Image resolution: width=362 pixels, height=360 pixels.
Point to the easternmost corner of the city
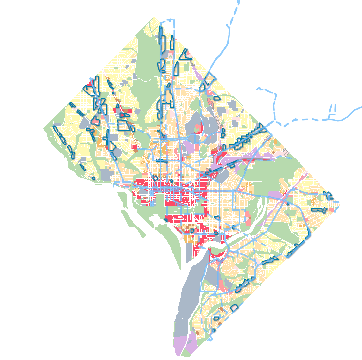(x=339, y=202)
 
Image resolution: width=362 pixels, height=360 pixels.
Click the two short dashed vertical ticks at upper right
(x=333, y=108)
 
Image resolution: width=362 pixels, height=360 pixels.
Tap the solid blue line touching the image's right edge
(x=353, y=111)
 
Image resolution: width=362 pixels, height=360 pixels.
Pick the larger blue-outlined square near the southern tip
(x=234, y=308)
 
